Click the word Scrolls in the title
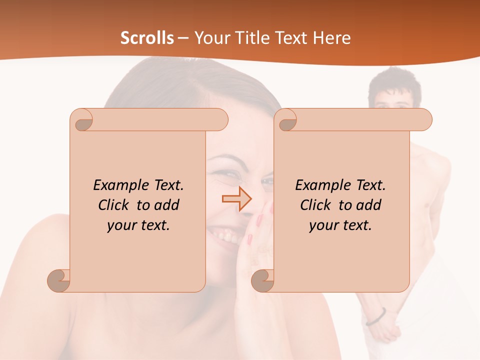pos(147,38)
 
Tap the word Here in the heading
pos(331,38)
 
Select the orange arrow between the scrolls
pos(237,199)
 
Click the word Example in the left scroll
pos(121,185)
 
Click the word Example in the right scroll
pos(323,185)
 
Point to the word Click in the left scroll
pos(115,205)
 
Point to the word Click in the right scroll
pos(317,205)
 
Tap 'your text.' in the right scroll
pos(340,225)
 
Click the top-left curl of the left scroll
pos(82,120)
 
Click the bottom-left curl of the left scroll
pos(59,280)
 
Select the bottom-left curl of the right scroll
pos(263,280)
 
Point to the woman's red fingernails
pos(260,220)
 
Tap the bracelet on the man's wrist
pos(376,316)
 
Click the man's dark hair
pos(395,82)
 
